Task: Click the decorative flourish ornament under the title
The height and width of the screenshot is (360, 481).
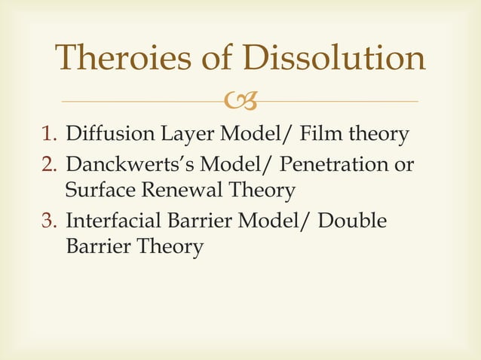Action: (241, 100)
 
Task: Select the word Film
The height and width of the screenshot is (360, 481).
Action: (320, 135)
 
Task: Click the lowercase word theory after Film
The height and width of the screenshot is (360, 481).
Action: (377, 136)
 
